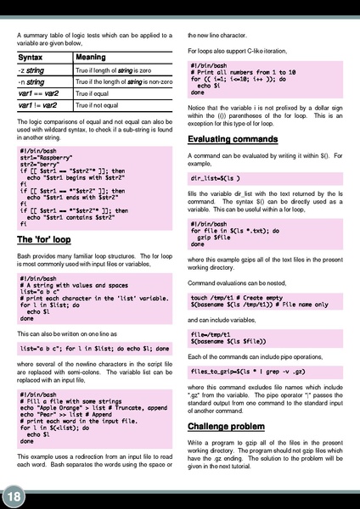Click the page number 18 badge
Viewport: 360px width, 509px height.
[14, 495]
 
